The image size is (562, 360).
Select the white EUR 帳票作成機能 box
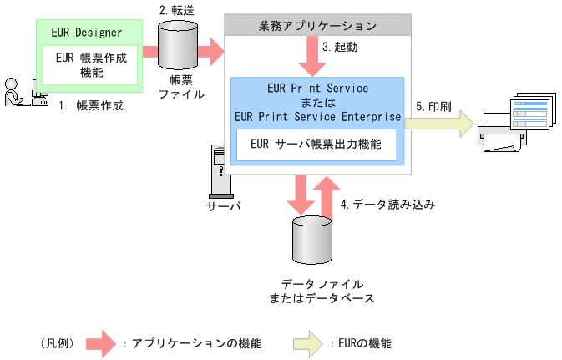point(89,65)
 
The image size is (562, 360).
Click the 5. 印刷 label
point(433,107)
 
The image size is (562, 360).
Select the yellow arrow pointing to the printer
point(438,125)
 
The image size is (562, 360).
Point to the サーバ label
point(222,205)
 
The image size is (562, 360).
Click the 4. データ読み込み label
point(388,203)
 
